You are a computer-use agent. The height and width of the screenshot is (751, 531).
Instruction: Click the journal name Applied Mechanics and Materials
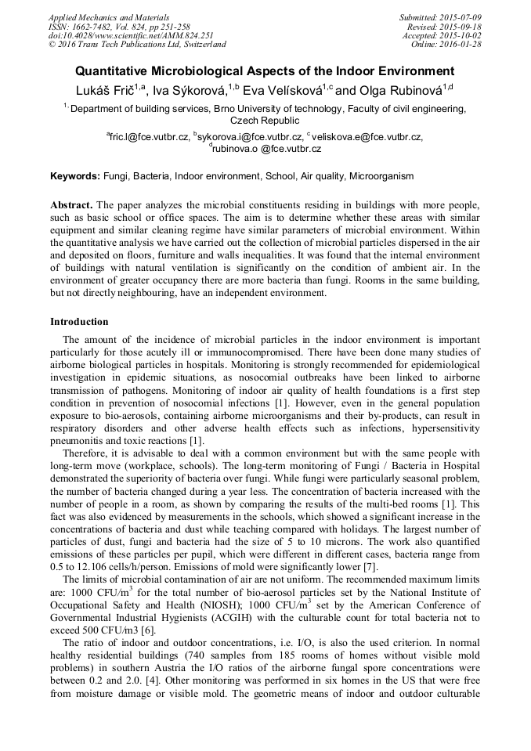[109, 17]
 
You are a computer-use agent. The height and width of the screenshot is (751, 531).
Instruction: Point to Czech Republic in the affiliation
[265, 121]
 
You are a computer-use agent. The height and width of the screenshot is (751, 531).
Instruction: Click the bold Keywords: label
[74, 177]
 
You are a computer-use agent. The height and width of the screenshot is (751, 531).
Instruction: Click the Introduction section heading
[79, 321]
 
